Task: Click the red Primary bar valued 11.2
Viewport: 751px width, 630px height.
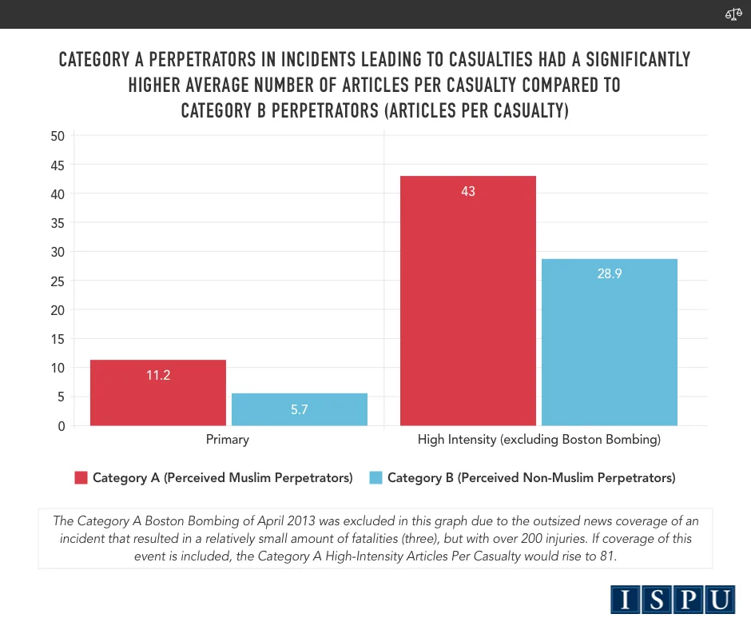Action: click(158, 393)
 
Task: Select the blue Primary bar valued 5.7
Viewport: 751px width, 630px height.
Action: click(300, 409)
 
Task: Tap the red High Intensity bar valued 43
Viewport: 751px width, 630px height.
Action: click(468, 301)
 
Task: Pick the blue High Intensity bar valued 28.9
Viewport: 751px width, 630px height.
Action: click(610, 342)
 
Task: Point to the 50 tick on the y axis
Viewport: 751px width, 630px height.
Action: click(57, 136)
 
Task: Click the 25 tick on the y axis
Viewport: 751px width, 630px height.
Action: click(57, 281)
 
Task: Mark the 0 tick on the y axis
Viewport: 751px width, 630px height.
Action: click(61, 426)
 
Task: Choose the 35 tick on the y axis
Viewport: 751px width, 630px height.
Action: click(57, 223)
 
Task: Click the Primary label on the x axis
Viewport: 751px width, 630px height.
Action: click(228, 440)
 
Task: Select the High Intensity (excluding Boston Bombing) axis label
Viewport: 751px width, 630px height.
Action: click(538, 440)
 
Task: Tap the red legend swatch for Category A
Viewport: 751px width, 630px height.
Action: click(81, 478)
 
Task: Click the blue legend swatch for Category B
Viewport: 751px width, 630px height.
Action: click(375, 478)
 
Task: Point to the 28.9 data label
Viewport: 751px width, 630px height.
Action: click(609, 273)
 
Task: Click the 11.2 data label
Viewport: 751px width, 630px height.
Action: click(158, 374)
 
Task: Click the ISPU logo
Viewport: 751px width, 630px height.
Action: click(674, 599)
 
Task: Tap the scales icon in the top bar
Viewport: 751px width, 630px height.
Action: click(733, 14)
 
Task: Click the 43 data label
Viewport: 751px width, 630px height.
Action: click(468, 192)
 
